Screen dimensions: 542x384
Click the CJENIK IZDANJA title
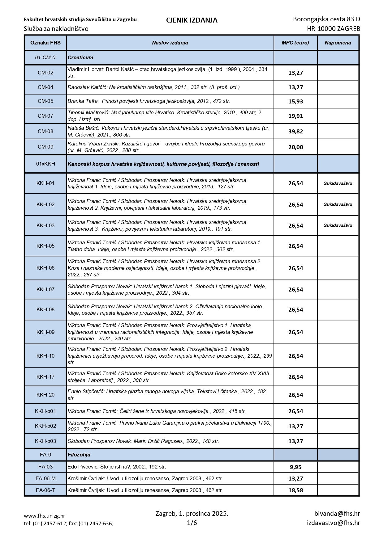(x=192, y=20)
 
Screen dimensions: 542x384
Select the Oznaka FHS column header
(x=45, y=43)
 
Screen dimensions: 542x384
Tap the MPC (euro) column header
(x=295, y=43)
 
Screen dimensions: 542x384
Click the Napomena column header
(x=338, y=43)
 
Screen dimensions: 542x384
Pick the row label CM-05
(x=45, y=101)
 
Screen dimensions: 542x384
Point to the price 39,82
(x=296, y=132)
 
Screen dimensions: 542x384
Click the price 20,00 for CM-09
(x=296, y=147)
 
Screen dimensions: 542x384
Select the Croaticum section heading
(x=80, y=58)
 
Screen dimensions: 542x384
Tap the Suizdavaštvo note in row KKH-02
(x=338, y=204)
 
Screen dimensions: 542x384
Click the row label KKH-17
(x=45, y=377)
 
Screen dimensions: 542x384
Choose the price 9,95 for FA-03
(x=296, y=467)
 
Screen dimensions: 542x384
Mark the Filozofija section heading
(x=79, y=455)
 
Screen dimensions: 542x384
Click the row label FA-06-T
(x=45, y=490)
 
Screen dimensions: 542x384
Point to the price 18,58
(x=296, y=490)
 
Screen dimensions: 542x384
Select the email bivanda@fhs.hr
(x=337, y=514)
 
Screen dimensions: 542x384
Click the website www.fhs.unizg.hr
(x=44, y=516)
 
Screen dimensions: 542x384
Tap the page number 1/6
(x=192, y=523)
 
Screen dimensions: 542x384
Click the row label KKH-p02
(x=45, y=426)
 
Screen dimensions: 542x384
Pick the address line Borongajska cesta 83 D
(x=326, y=19)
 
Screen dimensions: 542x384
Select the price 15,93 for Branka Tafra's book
(x=296, y=102)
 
